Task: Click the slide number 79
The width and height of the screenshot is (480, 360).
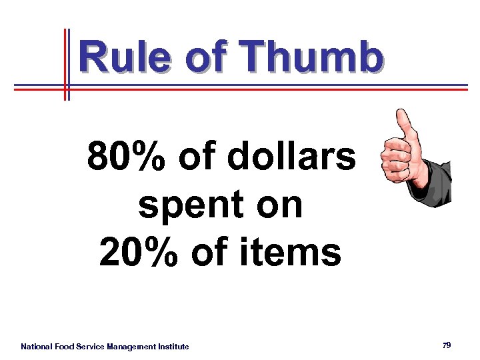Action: tap(447, 345)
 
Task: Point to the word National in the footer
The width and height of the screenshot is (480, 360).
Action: tap(37, 347)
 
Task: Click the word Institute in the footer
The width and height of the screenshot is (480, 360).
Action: tap(174, 347)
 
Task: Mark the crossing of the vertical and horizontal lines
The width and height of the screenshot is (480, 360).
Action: tap(67, 87)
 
